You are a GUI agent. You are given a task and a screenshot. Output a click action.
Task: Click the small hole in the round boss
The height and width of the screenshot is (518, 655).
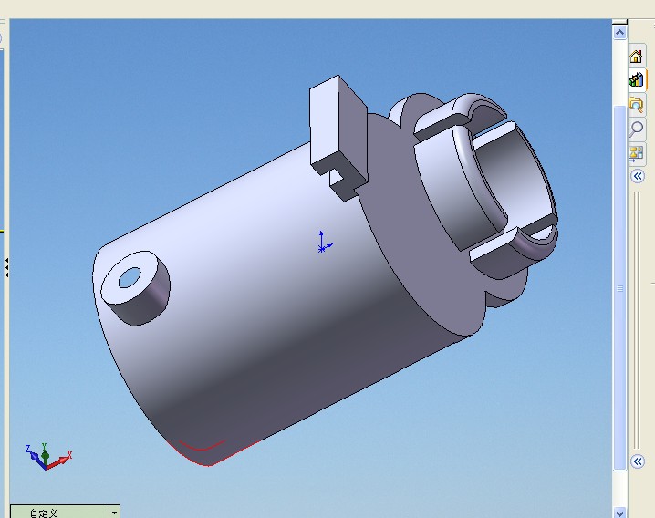[130, 278]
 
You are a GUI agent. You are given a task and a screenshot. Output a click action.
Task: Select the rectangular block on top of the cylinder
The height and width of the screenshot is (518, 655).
[338, 134]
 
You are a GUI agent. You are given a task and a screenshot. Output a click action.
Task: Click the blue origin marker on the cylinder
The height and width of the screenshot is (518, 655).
[323, 243]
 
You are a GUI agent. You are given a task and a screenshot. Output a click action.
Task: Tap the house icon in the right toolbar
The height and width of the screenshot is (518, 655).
[636, 56]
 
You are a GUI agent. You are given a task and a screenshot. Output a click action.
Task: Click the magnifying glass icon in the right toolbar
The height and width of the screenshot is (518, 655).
[636, 129]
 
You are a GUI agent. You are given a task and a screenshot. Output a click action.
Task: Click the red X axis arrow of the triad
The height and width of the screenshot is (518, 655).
[59, 461]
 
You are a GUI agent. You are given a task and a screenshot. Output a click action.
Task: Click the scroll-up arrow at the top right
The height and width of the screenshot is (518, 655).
[619, 32]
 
